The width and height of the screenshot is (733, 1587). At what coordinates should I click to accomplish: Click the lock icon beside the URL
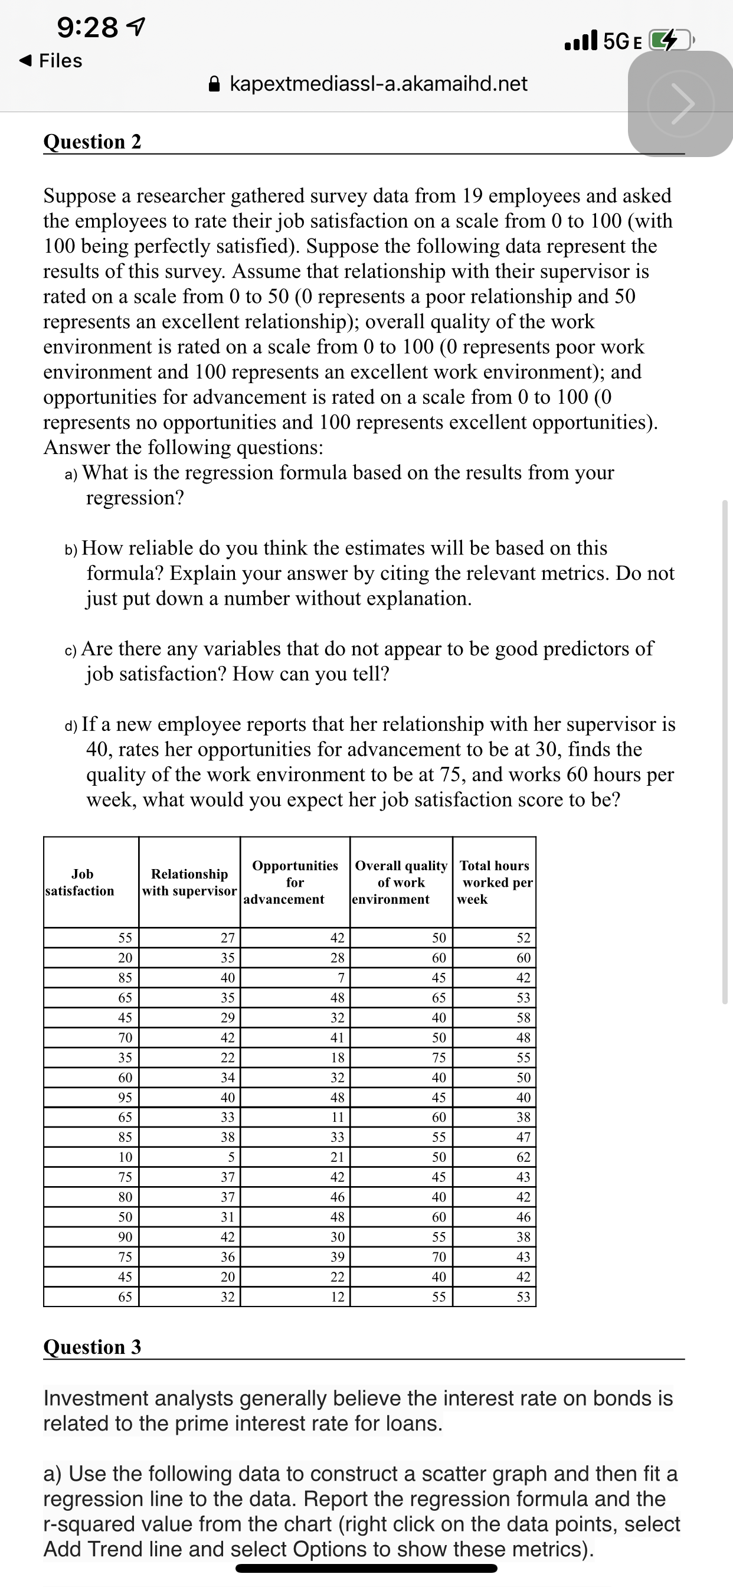pos(214,84)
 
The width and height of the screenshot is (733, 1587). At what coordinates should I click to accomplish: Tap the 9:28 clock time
pos(87,27)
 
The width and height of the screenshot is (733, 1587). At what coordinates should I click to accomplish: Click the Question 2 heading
pos(93,142)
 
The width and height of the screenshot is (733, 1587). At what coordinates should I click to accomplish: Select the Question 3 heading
pos(93,1347)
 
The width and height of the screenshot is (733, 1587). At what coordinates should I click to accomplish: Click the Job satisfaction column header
pos(81,882)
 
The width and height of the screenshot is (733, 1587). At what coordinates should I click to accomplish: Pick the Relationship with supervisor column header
pos(189,882)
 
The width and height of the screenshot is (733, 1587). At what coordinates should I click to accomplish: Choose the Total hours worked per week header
pos(495,882)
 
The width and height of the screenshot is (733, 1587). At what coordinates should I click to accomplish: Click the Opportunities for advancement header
pos(294,882)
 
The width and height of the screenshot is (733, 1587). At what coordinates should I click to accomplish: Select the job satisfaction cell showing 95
pos(125,1097)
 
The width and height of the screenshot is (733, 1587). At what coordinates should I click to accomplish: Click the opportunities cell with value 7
pos(341,978)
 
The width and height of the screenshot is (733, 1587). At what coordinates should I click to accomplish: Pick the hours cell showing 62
pos(523,1157)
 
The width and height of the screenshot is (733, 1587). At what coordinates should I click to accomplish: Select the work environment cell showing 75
pos(439,1058)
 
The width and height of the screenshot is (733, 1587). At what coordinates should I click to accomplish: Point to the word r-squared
pos(88,1524)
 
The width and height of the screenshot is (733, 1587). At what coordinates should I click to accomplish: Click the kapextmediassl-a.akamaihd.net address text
pos(378,84)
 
